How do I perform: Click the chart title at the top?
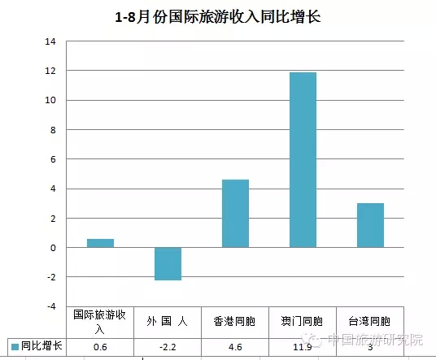pyautogui.click(x=218, y=17)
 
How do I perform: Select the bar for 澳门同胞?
pyautogui.click(x=303, y=160)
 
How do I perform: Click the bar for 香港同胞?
pyautogui.click(x=235, y=214)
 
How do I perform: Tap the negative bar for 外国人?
pyautogui.click(x=168, y=263)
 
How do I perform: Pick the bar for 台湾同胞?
pyautogui.click(x=370, y=225)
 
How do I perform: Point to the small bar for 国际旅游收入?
pyautogui.click(x=100, y=243)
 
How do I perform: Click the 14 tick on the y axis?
pyautogui.click(x=50, y=41)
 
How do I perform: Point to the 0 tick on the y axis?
pyautogui.click(x=53, y=248)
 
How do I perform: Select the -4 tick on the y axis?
pyautogui.click(x=51, y=306)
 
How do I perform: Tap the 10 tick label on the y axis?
pyautogui.click(x=50, y=100)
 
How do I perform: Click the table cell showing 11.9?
pyautogui.click(x=303, y=347)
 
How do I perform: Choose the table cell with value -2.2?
pyautogui.click(x=168, y=347)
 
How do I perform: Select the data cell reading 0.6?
pyautogui.click(x=100, y=347)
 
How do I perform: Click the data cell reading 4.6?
pyautogui.click(x=235, y=347)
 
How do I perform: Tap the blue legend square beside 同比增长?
pyautogui.click(x=15, y=347)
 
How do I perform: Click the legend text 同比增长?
pyautogui.click(x=41, y=346)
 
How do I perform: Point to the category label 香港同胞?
pyautogui.click(x=234, y=321)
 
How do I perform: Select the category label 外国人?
pyautogui.click(x=167, y=321)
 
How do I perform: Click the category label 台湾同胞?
pyautogui.click(x=369, y=321)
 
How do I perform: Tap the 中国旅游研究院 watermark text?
pyautogui.click(x=375, y=340)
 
